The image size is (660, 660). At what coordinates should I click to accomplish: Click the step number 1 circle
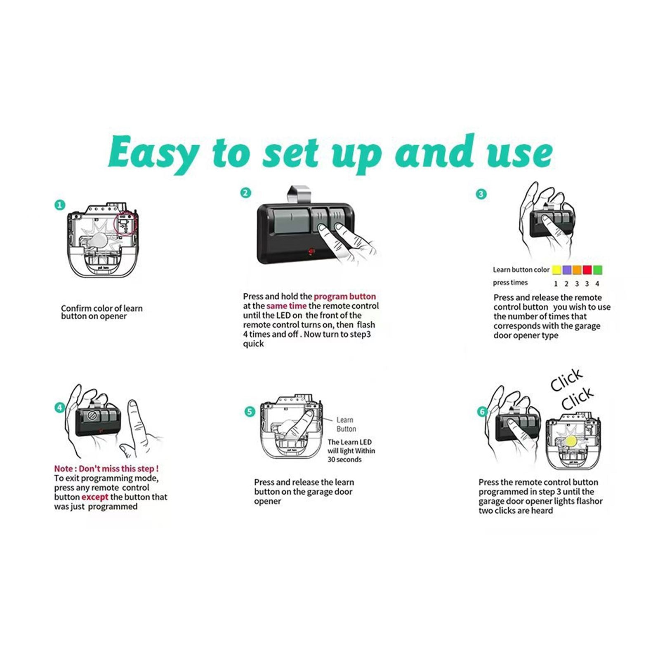(x=60, y=205)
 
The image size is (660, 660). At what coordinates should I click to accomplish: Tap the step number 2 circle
(x=246, y=193)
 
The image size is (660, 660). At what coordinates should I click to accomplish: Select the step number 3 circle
(x=481, y=194)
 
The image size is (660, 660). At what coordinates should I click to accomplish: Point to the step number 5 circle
(x=250, y=412)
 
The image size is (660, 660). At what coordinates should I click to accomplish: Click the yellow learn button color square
(x=556, y=270)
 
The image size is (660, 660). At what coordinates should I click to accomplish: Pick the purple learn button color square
(x=567, y=270)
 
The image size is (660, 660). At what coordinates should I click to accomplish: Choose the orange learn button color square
(x=577, y=270)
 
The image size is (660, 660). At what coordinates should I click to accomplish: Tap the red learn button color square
(x=587, y=270)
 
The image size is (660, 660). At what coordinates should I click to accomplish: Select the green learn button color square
(x=597, y=270)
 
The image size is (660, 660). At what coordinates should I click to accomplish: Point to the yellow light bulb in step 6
(x=571, y=441)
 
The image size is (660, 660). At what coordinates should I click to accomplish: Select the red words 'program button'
(x=345, y=296)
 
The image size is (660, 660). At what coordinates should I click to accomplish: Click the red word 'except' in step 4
(x=95, y=497)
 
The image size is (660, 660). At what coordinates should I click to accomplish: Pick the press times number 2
(x=566, y=284)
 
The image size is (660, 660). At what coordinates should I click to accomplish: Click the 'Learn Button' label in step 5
(x=346, y=424)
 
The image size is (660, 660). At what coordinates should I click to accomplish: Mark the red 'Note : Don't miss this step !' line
(x=106, y=469)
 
